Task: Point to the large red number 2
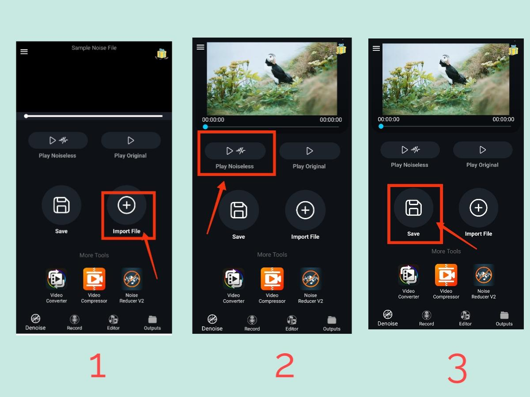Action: tap(284, 366)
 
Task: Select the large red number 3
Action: tap(457, 369)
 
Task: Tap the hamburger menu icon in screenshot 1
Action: tap(24, 52)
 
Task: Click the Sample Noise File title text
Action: tap(94, 48)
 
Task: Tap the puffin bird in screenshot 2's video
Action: tap(277, 69)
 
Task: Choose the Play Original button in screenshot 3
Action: tap(482, 150)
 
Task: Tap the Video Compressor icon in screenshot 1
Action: tap(94, 279)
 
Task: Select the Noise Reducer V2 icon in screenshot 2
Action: tap(310, 279)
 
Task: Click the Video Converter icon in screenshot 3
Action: tap(409, 275)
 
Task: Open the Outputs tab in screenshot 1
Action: tap(152, 322)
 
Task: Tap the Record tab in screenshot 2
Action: tap(252, 323)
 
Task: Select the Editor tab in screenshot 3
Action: tap(465, 318)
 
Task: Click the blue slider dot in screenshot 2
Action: tap(205, 127)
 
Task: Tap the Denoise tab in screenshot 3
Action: tap(388, 318)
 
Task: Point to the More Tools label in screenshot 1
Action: tap(94, 255)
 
